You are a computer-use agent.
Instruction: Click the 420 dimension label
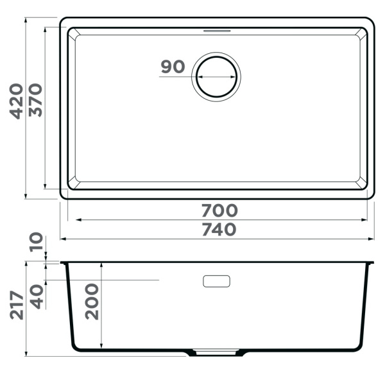tap(16, 101)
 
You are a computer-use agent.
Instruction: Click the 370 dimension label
tap(35, 100)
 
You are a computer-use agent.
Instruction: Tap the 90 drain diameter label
tap(173, 67)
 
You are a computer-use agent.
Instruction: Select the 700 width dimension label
tap(219, 210)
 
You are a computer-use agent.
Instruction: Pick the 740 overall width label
tap(219, 229)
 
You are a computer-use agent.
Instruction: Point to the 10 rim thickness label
tap(36, 242)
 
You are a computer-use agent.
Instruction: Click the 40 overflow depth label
tap(37, 296)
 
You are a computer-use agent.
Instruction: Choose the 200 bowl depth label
tap(92, 302)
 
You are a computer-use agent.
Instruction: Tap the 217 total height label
tap(17, 305)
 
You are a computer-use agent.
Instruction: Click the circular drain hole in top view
tap(216, 56)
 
